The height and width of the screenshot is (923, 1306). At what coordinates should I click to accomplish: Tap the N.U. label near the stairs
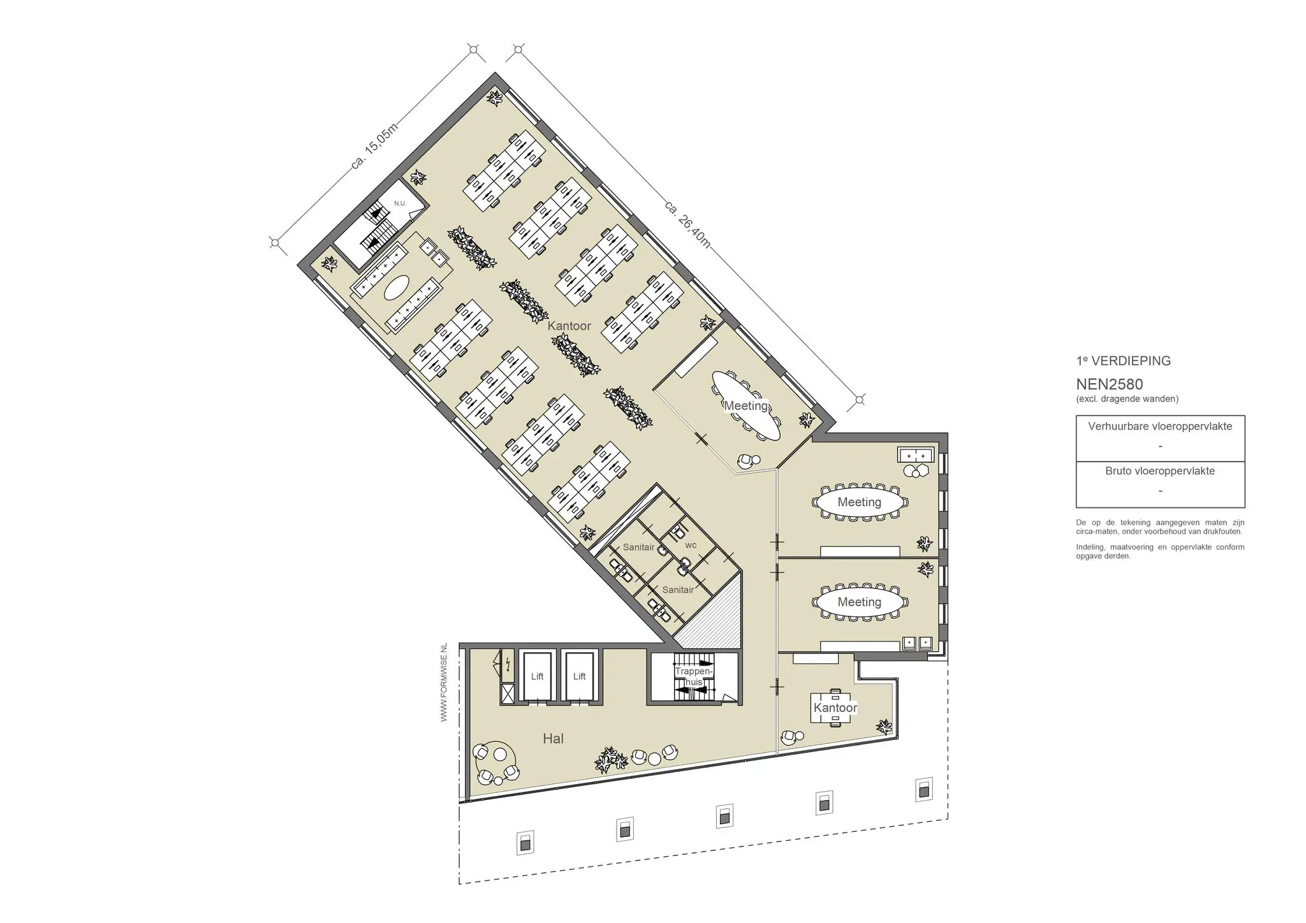pyautogui.click(x=400, y=203)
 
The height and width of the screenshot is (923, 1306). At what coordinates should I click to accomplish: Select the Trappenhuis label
pyautogui.click(x=693, y=677)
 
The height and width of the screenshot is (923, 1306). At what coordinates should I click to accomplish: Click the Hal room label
pyautogui.click(x=553, y=739)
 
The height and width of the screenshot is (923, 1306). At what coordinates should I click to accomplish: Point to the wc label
pyautogui.click(x=691, y=546)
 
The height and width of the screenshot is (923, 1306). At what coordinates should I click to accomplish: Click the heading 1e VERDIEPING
pyautogui.click(x=1123, y=361)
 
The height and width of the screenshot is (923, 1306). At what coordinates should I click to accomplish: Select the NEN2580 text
pyautogui.click(x=1109, y=384)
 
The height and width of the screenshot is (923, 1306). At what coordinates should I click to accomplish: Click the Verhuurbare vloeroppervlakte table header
pyautogui.click(x=1160, y=426)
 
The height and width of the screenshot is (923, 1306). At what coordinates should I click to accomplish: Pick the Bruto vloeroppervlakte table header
pyautogui.click(x=1160, y=471)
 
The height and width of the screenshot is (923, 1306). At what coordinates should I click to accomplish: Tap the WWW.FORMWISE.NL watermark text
pyautogui.click(x=444, y=682)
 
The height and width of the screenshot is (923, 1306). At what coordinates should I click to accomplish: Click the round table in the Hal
pyautogui.click(x=497, y=755)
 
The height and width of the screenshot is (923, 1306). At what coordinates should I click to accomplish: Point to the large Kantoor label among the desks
pyautogui.click(x=569, y=326)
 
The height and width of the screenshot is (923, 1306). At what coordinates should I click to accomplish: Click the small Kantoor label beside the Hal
pyautogui.click(x=835, y=708)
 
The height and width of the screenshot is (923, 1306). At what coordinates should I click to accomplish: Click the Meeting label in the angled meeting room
pyautogui.click(x=745, y=405)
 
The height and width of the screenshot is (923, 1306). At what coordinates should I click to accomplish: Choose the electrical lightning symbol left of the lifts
pyautogui.click(x=508, y=666)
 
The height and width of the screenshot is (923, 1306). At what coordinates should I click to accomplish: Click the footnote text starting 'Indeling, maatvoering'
pyautogui.click(x=1160, y=551)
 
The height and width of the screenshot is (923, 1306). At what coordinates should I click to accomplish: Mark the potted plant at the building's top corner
pyautogui.click(x=495, y=98)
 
